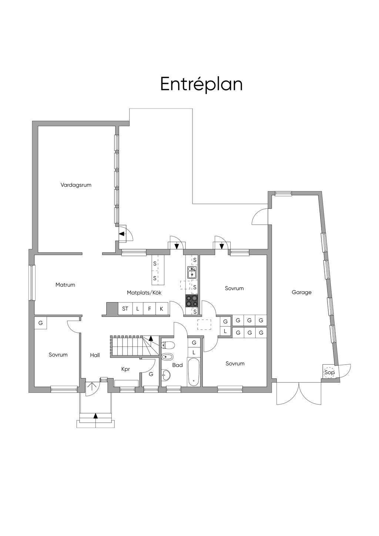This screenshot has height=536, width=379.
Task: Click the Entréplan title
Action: [x=201, y=84]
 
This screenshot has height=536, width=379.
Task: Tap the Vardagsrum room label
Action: [x=76, y=185]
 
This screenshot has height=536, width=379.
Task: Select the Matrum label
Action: [x=65, y=285]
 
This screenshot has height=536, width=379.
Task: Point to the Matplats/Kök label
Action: [x=144, y=292]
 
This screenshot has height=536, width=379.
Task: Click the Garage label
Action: [x=302, y=292]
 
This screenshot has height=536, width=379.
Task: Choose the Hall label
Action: [x=95, y=355]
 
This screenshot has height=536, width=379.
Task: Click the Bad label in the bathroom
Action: [x=178, y=365]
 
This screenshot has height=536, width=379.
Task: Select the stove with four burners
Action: [x=192, y=301]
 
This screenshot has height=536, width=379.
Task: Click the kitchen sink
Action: [x=192, y=272]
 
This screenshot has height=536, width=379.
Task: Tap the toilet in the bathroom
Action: [x=168, y=345]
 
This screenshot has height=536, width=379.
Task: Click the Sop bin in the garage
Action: [x=329, y=372]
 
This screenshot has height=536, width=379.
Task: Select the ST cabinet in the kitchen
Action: [x=125, y=309]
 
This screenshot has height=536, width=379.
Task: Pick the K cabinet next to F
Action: [x=161, y=309]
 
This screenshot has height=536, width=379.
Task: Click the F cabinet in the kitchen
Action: [x=150, y=309]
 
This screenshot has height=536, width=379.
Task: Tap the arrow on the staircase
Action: [x=151, y=338]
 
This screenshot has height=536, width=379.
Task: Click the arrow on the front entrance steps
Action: [x=96, y=416]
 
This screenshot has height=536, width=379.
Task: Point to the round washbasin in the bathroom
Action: [x=166, y=375]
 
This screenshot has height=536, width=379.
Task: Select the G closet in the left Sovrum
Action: [x=40, y=323]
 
